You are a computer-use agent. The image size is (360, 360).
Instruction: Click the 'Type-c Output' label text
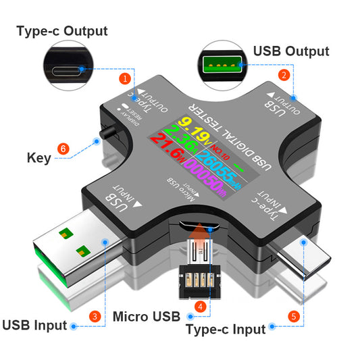click(61, 31)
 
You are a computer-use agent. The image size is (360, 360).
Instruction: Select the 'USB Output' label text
click(291, 51)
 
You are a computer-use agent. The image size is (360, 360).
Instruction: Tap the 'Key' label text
click(38, 158)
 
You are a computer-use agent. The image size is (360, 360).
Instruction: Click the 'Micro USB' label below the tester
click(147, 315)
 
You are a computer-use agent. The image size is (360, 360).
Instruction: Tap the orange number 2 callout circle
click(284, 76)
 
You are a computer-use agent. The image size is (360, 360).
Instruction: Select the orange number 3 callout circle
click(95, 315)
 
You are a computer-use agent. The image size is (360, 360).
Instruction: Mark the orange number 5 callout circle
click(293, 315)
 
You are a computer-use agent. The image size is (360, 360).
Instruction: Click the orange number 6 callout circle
click(63, 148)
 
